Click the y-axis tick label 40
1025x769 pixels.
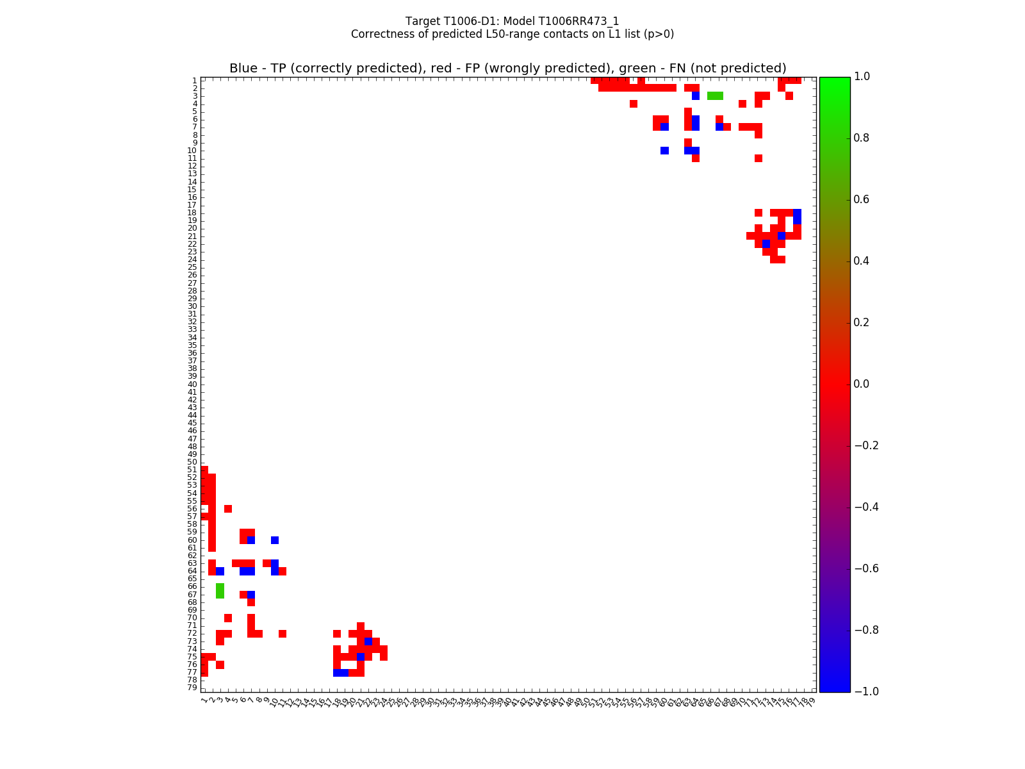pyautogui.click(x=192, y=384)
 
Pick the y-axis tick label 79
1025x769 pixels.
pyautogui.click(x=192, y=688)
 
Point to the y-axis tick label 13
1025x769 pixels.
pyautogui.click(x=192, y=174)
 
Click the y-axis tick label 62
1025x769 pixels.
pyautogui.click(x=192, y=556)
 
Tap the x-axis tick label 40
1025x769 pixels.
pyautogui.click(x=508, y=702)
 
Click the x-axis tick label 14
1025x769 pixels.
pyautogui.click(x=306, y=702)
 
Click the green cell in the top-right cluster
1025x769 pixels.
pyautogui.click(x=715, y=96)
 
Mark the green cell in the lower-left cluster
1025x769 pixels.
pyautogui.click(x=220, y=590)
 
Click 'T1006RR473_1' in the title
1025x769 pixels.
pyautogui.click(x=587, y=21)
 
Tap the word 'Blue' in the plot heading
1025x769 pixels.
pyautogui.click(x=243, y=69)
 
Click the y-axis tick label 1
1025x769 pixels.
pyautogui.click(x=194, y=80)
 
